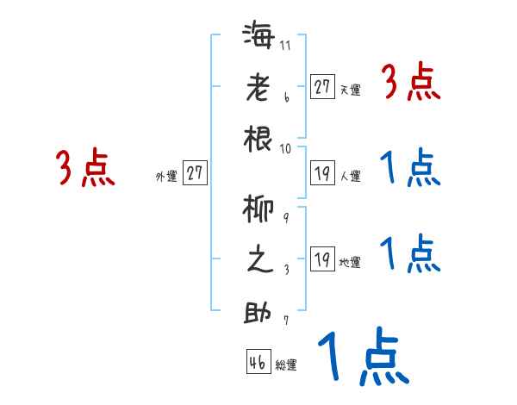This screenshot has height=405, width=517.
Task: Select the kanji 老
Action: pyautogui.click(x=258, y=89)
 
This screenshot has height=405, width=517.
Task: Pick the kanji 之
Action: pyautogui.click(x=258, y=260)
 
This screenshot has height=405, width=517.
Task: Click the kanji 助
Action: pyautogui.click(x=258, y=311)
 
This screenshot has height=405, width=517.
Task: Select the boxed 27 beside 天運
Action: pyautogui.click(x=322, y=87)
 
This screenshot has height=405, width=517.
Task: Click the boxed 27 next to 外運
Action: pyautogui.click(x=195, y=173)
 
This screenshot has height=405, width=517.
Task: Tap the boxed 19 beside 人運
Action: pyautogui.click(x=322, y=172)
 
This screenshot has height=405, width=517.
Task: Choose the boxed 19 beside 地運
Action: pyautogui.click(x=322, y=259)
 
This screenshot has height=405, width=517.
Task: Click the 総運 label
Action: pyautogui.click(x=286, y=365)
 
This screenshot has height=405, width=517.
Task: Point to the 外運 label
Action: pyautogui.click(x=166, y=177)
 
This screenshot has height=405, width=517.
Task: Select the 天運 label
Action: pyautogui.click(x=350, y=90)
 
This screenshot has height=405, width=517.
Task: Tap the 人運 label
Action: pyautogui.click(x=350, y=177)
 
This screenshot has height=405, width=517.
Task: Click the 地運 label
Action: pyautogui.click(x=350, y=263)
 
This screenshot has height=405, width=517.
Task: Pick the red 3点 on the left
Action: pyautogui.click(x=85, y=168)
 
